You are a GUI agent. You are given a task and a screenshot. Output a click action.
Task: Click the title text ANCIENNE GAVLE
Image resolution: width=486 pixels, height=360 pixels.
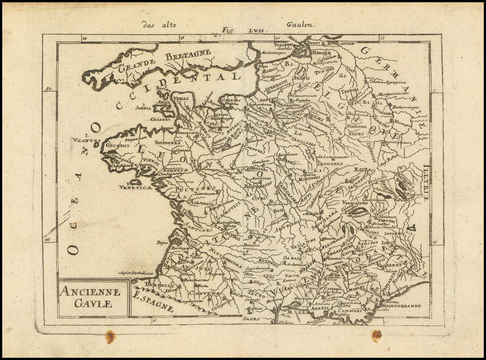click(x=90, y=297)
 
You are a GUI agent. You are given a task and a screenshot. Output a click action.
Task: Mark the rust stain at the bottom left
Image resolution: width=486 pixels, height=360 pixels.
click(x=110, y=337)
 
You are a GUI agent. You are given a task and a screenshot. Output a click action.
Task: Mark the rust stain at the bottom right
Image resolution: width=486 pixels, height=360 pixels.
click(x=376, y=335)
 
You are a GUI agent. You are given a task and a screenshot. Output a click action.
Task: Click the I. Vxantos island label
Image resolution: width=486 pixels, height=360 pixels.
click(x=86, y=139)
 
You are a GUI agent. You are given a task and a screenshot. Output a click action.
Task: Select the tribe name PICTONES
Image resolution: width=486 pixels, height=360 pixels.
click(x=204, y=188)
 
